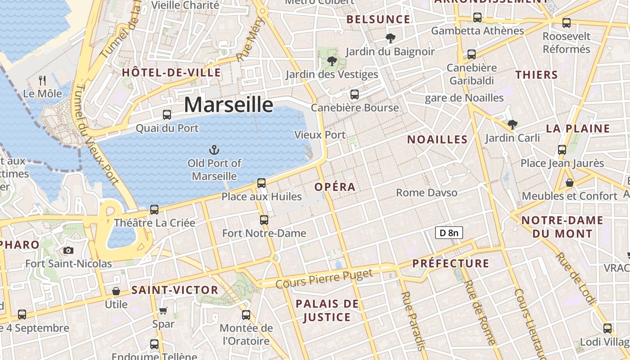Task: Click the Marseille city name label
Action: point(228,105)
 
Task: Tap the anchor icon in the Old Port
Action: point(214,150)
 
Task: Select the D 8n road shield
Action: point(449,233)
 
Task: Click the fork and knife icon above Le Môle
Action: point(42,81)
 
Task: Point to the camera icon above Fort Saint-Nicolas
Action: point(68,250)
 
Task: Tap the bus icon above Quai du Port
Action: point(167,115)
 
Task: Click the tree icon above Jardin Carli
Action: point(512,125)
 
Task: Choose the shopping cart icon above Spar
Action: point(163,310)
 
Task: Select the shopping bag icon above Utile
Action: point(116,291)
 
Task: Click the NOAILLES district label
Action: point(437,139)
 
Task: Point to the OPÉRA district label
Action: point(335,187)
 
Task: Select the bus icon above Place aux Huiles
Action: point(261,183)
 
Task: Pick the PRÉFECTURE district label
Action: point(450,263)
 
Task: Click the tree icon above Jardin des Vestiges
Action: point(332,61)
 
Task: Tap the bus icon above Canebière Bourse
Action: point(355,94)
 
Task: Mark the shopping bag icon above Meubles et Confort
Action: point(569,183)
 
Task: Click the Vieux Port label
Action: point(319,135)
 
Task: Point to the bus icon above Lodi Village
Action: point(607,328)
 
